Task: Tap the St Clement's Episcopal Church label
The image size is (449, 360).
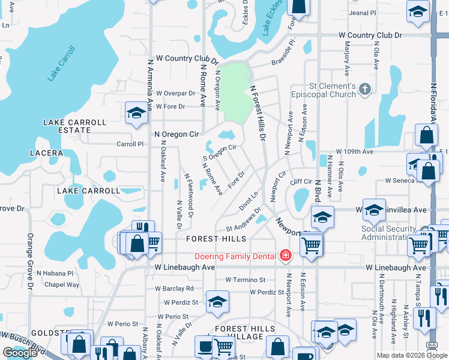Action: (324, 91)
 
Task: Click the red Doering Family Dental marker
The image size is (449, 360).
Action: (286, 256)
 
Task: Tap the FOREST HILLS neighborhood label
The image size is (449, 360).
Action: (216, 239)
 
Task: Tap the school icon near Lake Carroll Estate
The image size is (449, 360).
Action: (136, 113)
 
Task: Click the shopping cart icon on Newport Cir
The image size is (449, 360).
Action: (311, 244)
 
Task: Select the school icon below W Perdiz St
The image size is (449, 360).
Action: (217, 301)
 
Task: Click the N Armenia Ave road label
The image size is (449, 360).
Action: (150, 85)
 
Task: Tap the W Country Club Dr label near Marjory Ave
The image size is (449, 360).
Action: (370, 36)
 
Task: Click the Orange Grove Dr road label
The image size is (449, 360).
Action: (29, 261)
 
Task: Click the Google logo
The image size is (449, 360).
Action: (20, 352)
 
